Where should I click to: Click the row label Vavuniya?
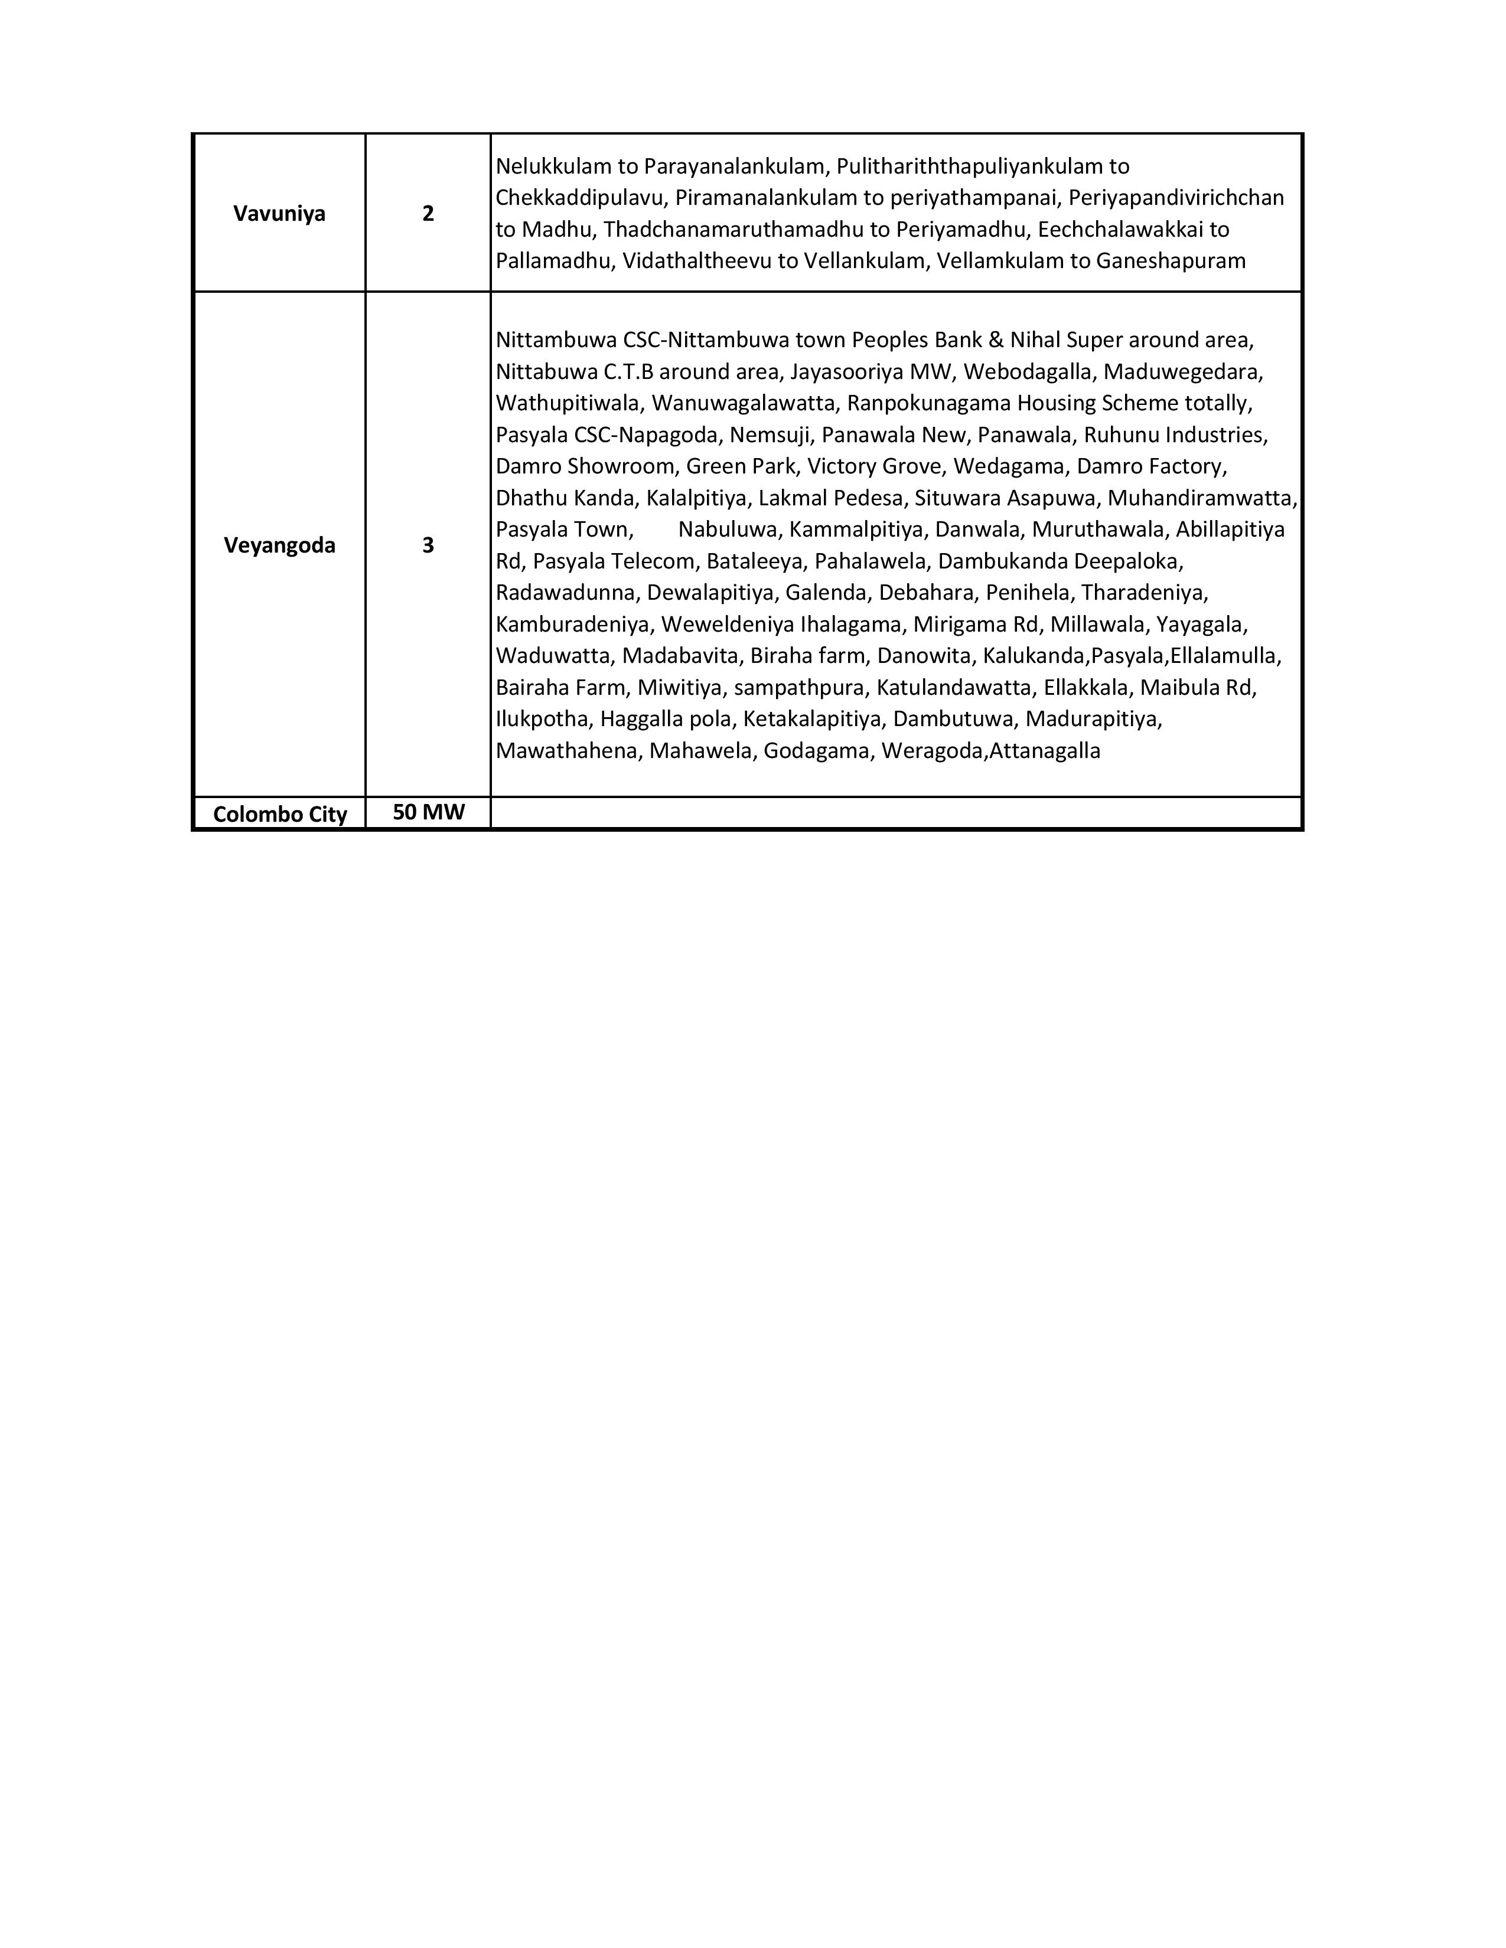[x=279, y=213]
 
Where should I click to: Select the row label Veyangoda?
[x=279, y=545]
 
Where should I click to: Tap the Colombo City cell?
[x=279, y=813]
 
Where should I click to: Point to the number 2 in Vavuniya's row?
[x=428, y=213]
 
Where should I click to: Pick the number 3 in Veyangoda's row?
[x=428, y=545]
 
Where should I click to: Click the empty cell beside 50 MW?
[x=896, y=813]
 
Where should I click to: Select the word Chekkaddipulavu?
[x=578, y=197]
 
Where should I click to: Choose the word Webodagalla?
[x=1026, y=371]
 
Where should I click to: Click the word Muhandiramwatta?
[x=1201, y=498]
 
